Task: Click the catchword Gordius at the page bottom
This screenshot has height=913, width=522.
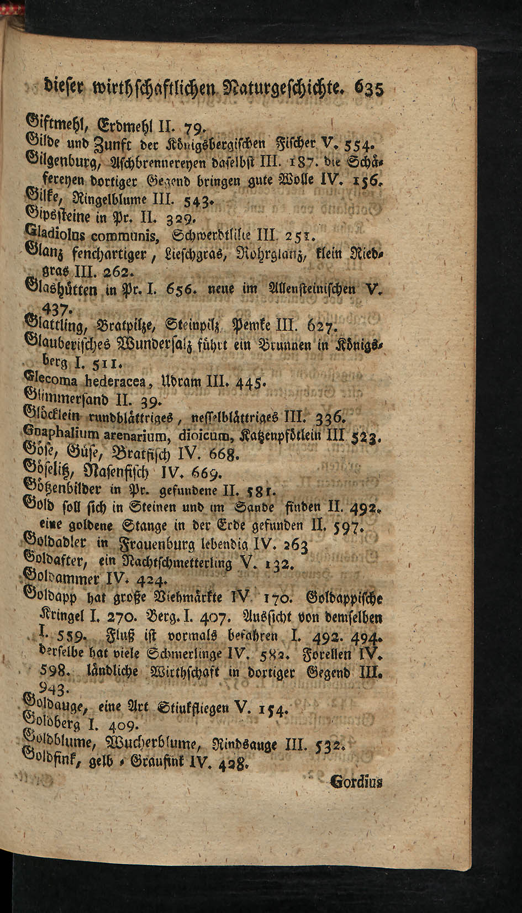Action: coord(356,782)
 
